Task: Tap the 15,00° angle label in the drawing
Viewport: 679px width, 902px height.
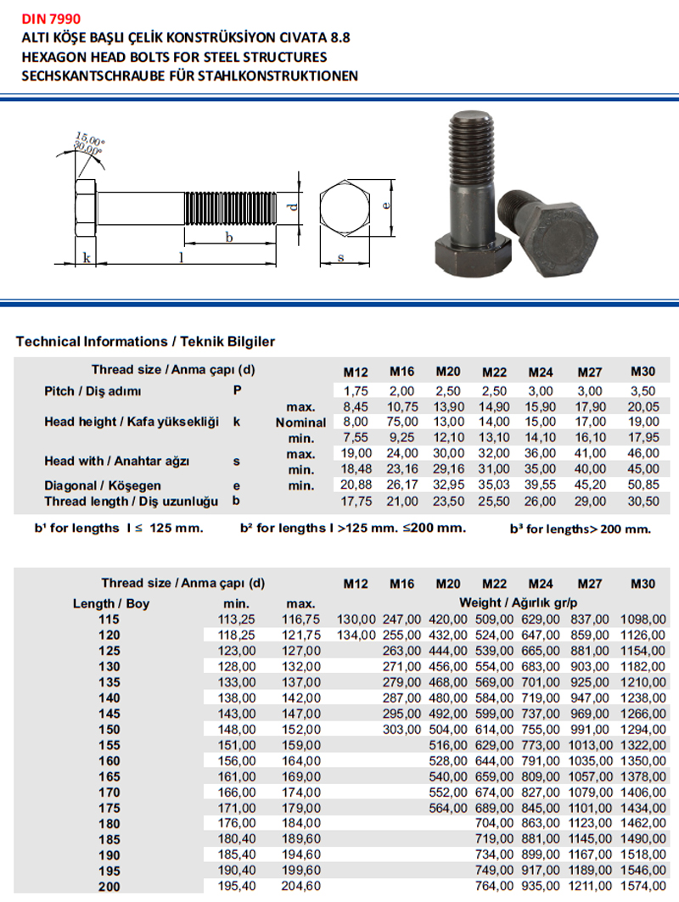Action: pyautogui.click(x=89, y=138)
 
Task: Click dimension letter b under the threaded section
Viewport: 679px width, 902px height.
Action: pyautogui.click(x=228, y=238)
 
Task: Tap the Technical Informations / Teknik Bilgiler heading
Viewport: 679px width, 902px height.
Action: pyautogui.click(x=145, y=342)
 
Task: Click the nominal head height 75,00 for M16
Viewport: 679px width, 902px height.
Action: pyautogui.click(x=401, y=422)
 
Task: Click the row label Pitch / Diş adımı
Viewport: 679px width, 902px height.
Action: pyautogui.click(x=93, y=391)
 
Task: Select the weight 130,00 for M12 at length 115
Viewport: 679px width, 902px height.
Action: pyautogui.click(x=356, y=619)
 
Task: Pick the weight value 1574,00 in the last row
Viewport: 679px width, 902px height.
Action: pyautogui.click(x=643, y=887)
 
